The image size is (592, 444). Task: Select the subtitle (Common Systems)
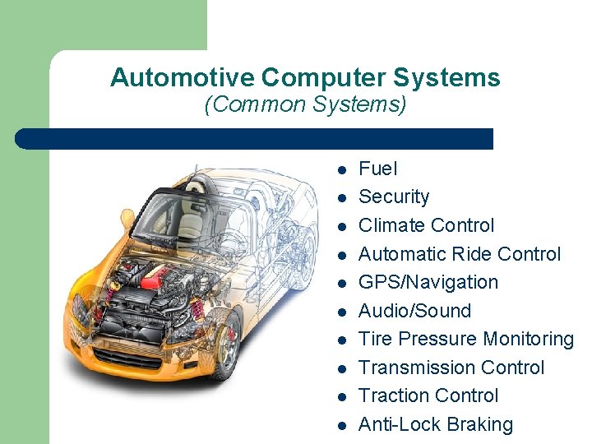pos(305,105)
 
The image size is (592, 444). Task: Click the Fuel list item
pos(378,169)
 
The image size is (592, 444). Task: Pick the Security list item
pos(394,197)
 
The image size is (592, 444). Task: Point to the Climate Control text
pos(426,225)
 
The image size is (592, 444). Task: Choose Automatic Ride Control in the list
pos(460,254)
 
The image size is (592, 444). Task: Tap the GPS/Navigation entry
pos(428,282)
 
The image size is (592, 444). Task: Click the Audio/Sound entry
pos(414,311)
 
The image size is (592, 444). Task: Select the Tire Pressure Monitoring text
pos(466,339)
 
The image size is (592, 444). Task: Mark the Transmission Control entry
pos(451,368)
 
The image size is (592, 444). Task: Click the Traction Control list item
pos(428,395)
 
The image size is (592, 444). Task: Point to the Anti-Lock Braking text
pos(436,424)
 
